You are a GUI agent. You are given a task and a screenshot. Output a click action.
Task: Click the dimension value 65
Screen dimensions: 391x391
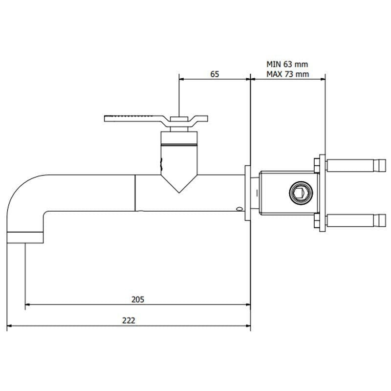pos(215,74)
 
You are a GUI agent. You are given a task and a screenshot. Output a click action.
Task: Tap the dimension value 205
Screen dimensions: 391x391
pos(138,299)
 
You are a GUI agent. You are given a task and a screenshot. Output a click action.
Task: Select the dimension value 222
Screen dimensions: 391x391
pos(129,321)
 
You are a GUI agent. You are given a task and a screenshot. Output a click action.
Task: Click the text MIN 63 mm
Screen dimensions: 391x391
pos(287,64)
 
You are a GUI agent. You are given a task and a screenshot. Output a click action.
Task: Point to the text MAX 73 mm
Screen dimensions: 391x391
pos(288,74)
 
